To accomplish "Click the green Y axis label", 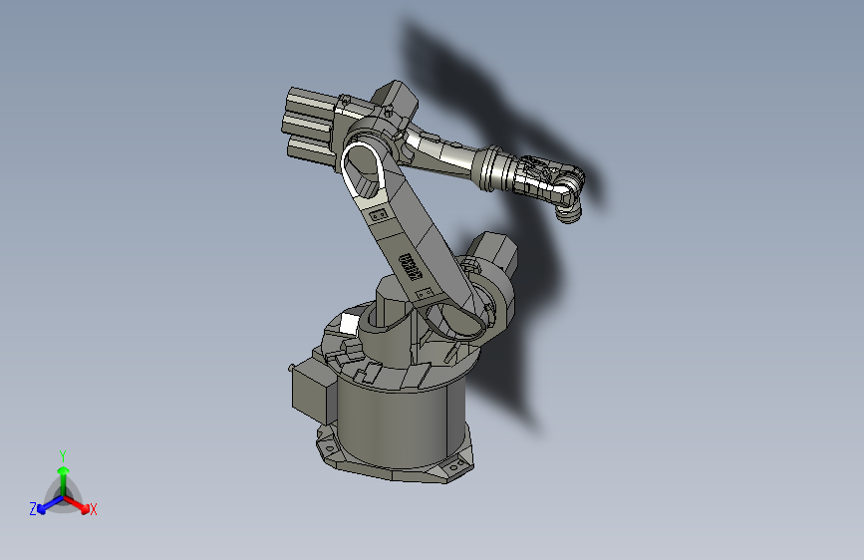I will coord(62,454).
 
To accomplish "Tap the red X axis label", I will coord(94,509).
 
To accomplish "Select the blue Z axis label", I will coord(33,508).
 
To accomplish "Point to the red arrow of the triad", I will coord(81,504).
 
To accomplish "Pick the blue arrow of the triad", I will coord(44,506).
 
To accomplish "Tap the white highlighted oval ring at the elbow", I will coord(365,170).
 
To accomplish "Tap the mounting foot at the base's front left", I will coord(328,448).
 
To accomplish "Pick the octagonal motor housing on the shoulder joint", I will coord(492,253).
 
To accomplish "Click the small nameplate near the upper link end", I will coord(378,213).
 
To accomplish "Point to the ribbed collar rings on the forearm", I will coord(492,168).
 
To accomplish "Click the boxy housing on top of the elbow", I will coord(396,100).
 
